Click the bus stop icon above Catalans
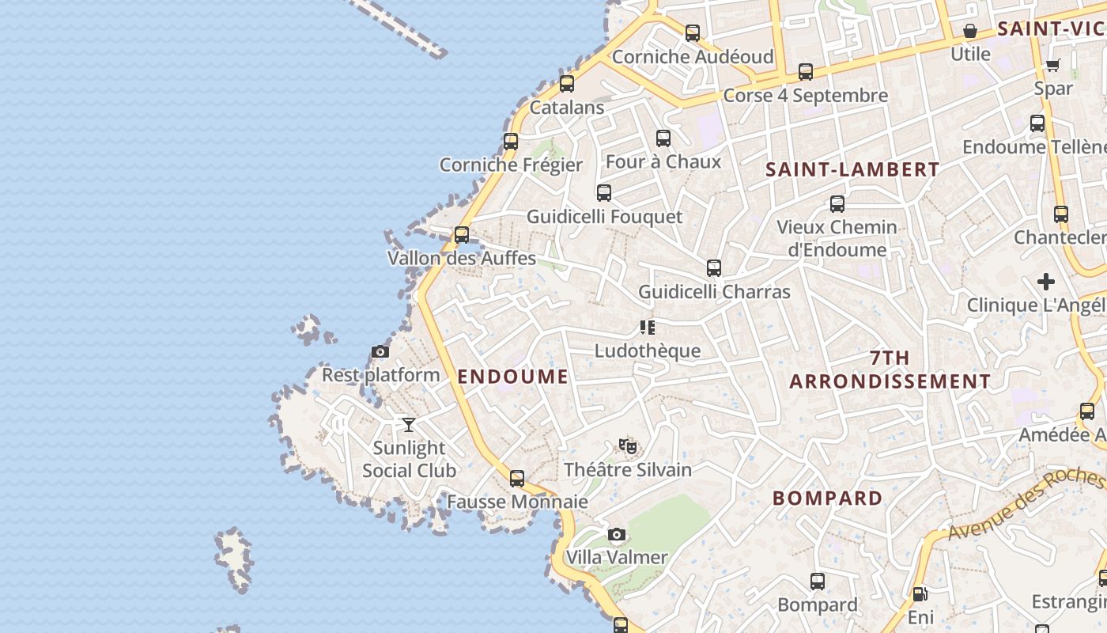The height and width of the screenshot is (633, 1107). point(567,84)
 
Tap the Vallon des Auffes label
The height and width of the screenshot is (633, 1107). point(462,258)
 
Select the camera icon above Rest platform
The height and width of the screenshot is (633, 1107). point(380,352)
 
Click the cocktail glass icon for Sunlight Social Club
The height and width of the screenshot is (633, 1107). point(409,425)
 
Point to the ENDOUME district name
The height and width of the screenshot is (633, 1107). point(513,377)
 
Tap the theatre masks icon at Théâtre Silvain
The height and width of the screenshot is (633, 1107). point(628,447)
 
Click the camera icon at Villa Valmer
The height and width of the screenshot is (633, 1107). point(617,535)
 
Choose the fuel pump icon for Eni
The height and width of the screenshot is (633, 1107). point(920,594)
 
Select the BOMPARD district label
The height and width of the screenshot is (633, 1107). point(828,498)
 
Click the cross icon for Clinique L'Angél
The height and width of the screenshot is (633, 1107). point(1046,282)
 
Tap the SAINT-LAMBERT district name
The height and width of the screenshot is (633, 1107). point(852,169)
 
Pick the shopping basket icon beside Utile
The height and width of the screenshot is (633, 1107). point(970,32)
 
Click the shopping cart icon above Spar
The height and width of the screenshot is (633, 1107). point(1053,66)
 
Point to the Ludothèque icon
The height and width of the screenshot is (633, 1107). point(648,328)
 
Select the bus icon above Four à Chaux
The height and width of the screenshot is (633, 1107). point(663,138)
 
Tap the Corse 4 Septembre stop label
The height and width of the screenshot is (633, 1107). point(806,96)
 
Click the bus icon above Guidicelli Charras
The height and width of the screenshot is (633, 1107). point(714,268)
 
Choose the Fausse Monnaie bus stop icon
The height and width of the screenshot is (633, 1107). point(517,479)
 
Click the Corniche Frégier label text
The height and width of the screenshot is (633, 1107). point(511,165)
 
